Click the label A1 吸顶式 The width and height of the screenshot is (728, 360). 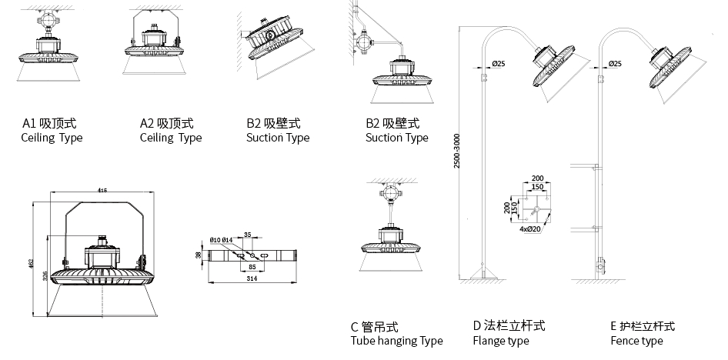[49, 123]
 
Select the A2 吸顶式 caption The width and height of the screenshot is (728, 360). [166, 123]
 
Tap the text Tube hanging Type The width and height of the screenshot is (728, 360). [396, 341]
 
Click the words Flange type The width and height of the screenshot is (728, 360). [500, 341]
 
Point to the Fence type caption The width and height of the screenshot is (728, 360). [636, 341]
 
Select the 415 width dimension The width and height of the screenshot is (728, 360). [102, 191]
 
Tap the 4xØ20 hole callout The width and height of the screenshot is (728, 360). [529, 229]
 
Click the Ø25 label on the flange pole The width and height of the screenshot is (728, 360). [498, 63]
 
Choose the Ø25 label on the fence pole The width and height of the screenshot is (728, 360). [615, 63]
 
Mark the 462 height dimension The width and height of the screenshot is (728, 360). [32, 263]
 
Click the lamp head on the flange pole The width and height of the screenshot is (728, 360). [554, 67]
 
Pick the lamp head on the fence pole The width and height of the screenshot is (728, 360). [671, 67]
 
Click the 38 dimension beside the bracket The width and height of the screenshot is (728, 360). [199, 254]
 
